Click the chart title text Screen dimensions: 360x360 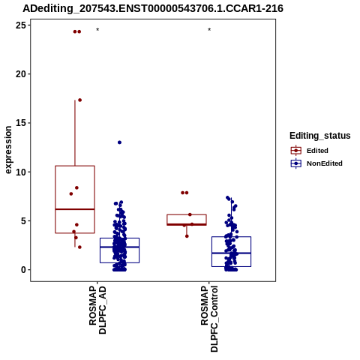pyautogui.click(x=153, y=8)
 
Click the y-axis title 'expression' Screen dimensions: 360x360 pyautogui.click(x=8, y=150)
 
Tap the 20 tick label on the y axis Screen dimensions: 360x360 pyautogui.click(x=20, y=74)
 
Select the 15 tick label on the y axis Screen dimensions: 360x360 pyautogui.click(x=20, y=123)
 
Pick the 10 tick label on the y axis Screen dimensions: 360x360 pyautogui.click(x=20, y=172)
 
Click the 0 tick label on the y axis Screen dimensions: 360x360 pyautogui.click(x=23, y=270)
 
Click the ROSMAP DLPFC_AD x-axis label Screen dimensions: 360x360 pyautogui.click(x=97, y=310)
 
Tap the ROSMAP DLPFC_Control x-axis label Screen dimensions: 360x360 pyautogui.click(x=209, y=319)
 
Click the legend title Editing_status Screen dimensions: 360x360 pyautogui.click(x=320, y=136)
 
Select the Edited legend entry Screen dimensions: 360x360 pyautogui.click(x=310, y=151)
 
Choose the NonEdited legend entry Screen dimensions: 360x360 pyautogui.click(x=316, y=163)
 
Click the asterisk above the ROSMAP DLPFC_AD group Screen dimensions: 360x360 pyautogui.click(x=97, y=30)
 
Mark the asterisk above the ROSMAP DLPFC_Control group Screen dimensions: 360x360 pyautogui.click(x=209, y=30)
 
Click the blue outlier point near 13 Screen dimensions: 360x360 pyautogui.click(x=119, y=142)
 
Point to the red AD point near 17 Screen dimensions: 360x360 pyautogui.click(x=80, y=100)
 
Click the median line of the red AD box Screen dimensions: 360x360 pyautogui.click(x=75, y=209)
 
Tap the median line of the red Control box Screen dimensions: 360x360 pyautogui.click(x=187, y=224)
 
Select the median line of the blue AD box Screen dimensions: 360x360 pyautogui.click(x=119, y=247)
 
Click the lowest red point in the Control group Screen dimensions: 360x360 pyautogui.click(x=187, y=236)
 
